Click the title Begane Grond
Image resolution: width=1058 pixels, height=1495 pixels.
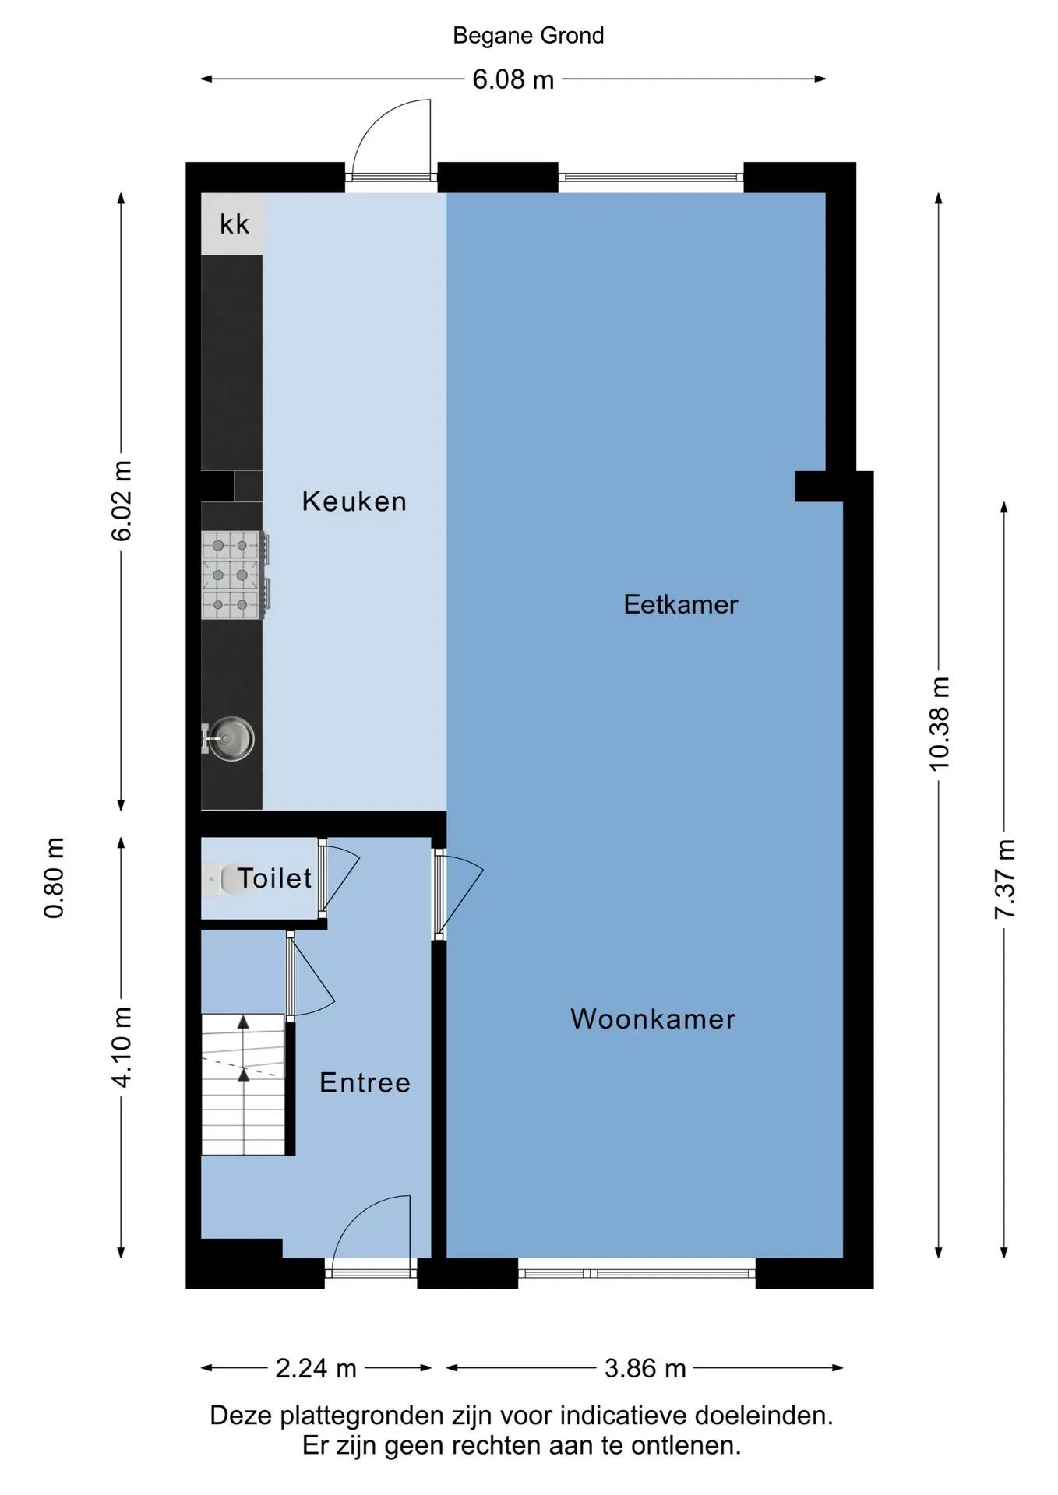528,36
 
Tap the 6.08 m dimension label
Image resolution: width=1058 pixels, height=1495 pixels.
513,79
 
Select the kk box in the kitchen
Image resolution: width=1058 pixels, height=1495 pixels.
233,223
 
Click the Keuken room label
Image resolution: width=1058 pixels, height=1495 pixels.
354,501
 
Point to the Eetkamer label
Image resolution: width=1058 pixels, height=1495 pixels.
680,605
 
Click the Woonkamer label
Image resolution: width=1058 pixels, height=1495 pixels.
653,1019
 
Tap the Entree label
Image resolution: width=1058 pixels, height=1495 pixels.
365,1083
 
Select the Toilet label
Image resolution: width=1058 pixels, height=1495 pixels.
274,878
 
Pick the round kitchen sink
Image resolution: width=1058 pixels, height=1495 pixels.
229,739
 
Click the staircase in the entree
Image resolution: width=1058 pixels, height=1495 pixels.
243,1084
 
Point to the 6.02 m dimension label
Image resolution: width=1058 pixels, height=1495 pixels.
122,501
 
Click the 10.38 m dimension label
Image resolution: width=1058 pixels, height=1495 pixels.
939,724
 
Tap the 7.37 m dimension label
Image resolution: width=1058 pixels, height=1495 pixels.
1004,879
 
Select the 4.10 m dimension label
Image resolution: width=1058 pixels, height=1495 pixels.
122,1047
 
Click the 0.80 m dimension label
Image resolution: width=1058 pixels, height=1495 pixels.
54,878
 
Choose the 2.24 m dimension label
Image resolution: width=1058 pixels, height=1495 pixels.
316,1368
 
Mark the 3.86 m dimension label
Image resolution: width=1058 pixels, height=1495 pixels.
645,1368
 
